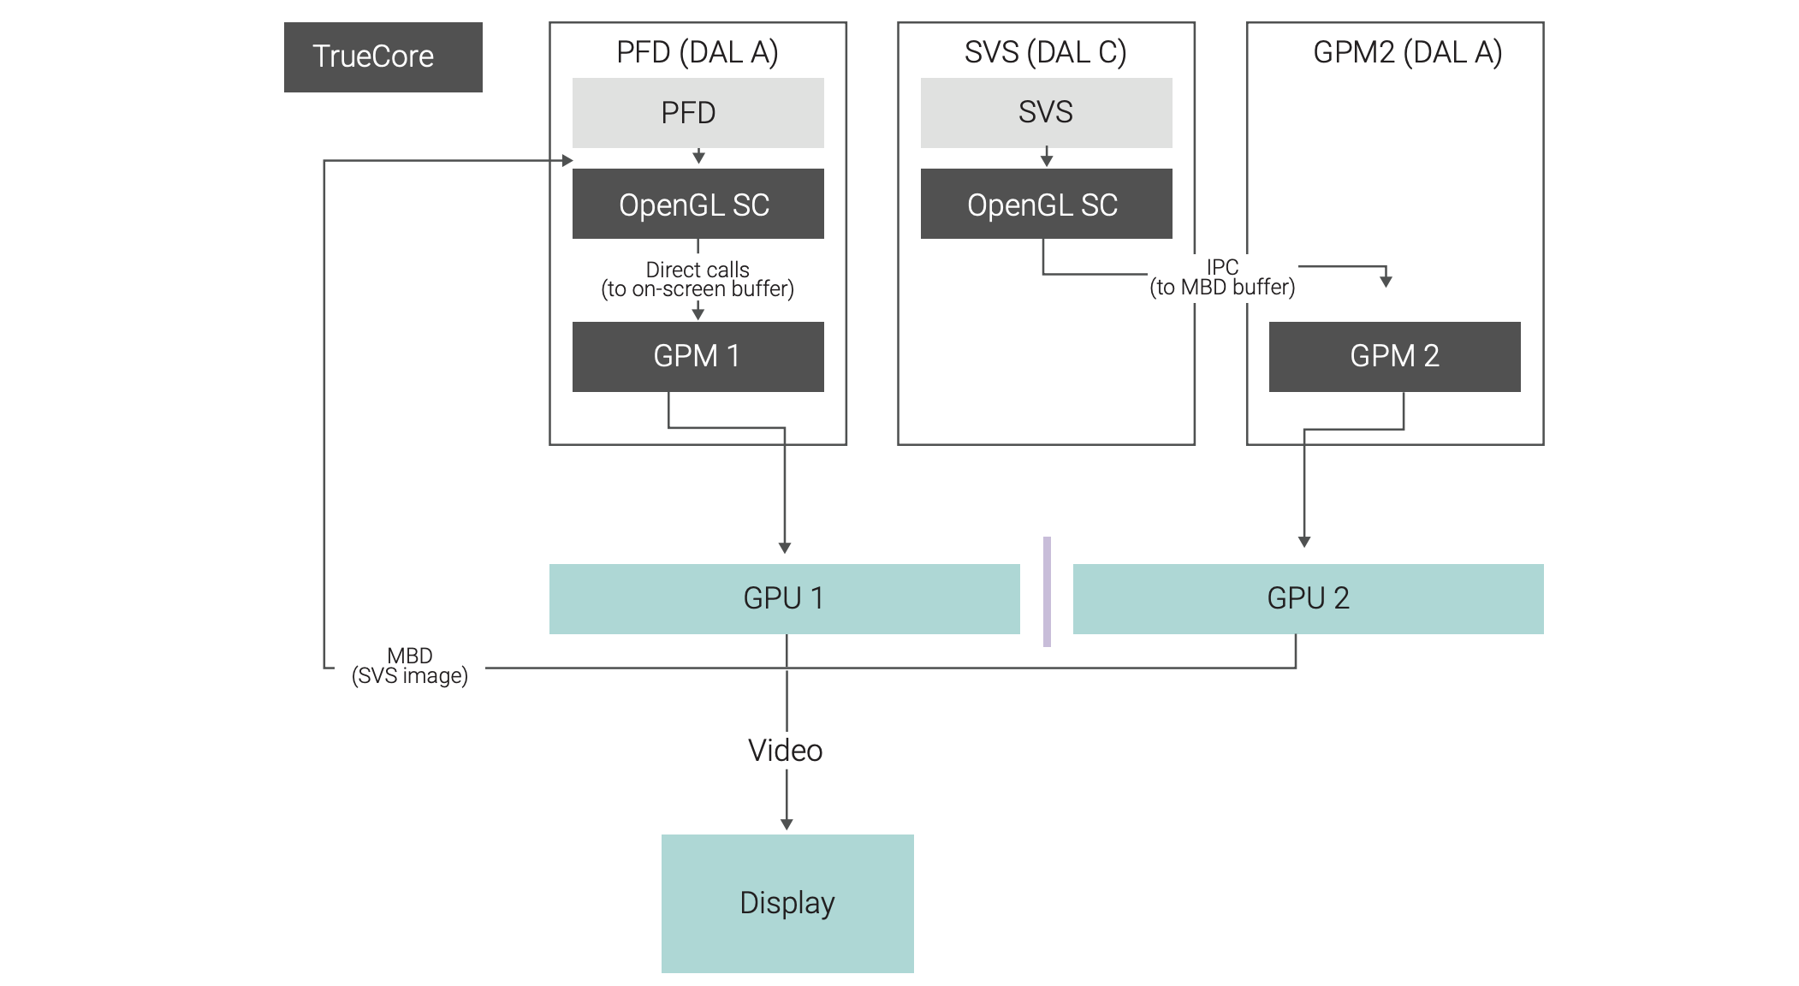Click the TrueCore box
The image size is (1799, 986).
(383, 57)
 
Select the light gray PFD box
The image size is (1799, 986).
(698, 113)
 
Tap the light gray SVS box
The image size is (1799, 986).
(1046, 113)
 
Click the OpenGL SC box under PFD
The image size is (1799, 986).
(698, 204)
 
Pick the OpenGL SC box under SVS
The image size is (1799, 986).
(1046, 204)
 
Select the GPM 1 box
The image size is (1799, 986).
(698, 356)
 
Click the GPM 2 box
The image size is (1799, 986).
(1394, 356)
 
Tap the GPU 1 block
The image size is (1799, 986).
(784, 598)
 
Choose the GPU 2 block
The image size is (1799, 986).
(1308, 598)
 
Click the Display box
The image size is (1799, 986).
(787, 903)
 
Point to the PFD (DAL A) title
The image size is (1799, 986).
(698, 52)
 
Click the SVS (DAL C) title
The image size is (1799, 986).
(1045, 52)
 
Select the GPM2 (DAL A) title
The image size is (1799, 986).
(1407, 52)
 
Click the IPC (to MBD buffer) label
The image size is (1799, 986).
(1222, 277)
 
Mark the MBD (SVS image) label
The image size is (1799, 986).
(410, 666)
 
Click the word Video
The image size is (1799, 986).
(786, 751)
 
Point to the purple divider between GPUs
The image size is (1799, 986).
(1047, 591)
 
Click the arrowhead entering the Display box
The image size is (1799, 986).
(787, 824)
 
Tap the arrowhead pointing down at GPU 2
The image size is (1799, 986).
(1304, 542)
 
